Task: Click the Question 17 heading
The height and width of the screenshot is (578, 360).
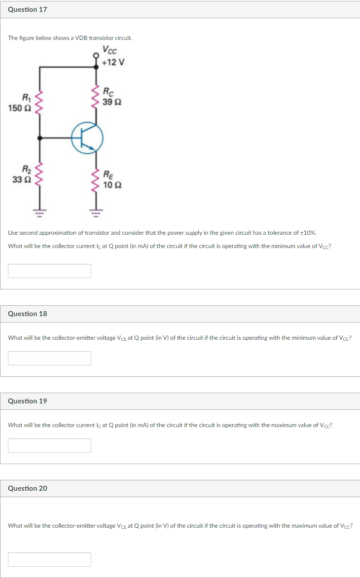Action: [28, 9]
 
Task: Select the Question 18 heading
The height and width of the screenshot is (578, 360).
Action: [28, 314]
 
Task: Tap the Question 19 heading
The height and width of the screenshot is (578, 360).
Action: [28, 401]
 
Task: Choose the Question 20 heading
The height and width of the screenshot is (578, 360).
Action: [28, 488]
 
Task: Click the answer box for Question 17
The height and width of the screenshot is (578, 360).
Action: [49, 271]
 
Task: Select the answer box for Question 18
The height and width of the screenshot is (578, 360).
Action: [49, 358]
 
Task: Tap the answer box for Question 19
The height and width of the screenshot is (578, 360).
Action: [49, 445]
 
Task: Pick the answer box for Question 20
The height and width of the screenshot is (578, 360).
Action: [49, 559]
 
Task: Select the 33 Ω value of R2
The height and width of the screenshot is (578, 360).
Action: [21, 180]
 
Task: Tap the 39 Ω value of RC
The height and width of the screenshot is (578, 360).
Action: [112, 102]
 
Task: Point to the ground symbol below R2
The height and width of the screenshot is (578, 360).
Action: [39, 213]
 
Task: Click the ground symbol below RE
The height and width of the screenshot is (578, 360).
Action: [96, 213]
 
